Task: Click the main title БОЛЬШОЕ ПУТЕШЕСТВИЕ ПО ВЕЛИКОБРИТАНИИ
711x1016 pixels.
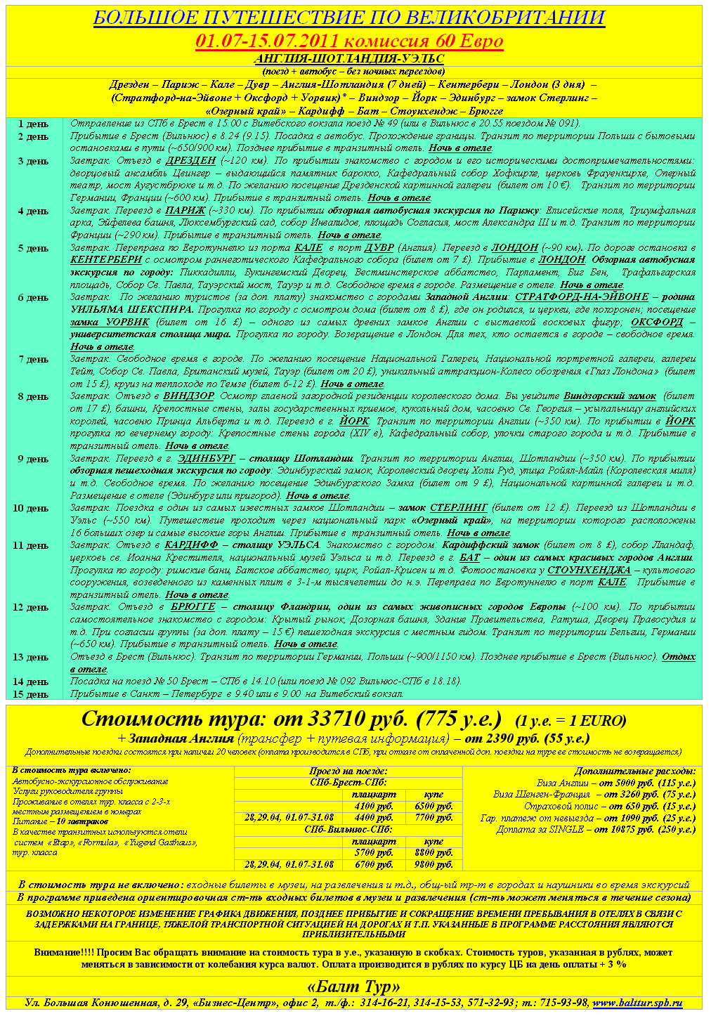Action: [x=349, y=18]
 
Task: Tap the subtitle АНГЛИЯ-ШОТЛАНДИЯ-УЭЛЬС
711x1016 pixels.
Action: [x=349, y=58]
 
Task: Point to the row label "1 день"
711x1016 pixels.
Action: [x=33, y=124]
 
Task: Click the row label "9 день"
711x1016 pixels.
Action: [x=33, y=459]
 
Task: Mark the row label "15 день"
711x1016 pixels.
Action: [x=33, y=694]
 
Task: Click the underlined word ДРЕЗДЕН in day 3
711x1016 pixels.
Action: [x=190, y=161]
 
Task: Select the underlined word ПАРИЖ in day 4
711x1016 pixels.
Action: [x=185, y=211]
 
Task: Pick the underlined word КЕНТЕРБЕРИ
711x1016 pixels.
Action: [x=106, y=260]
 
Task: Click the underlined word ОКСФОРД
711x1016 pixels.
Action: [x=657, y=322]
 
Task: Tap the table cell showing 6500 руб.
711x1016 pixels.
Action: [x=434, y=807]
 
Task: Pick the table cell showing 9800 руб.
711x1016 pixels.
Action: [x=434, y=865]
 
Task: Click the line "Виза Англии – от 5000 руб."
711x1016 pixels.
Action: [x=616, y=783]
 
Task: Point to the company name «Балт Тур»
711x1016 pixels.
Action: [x=354, y=986]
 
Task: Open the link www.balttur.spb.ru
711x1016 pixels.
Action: [x=637, y=1003]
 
